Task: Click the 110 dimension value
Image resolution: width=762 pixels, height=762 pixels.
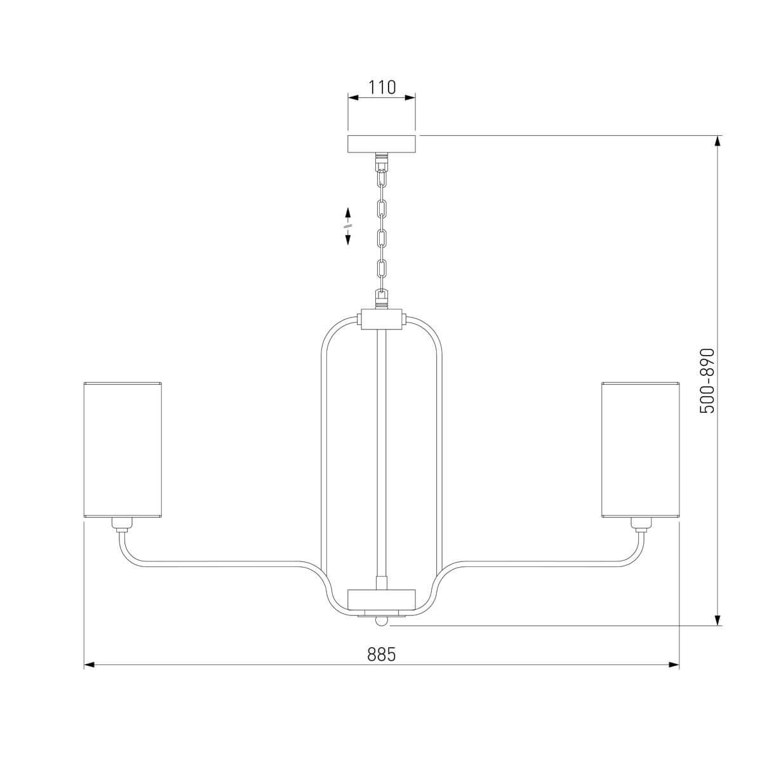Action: [382, 87]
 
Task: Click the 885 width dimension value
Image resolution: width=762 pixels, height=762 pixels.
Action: [381, 655]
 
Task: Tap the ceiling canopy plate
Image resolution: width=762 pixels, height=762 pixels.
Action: [382, 144]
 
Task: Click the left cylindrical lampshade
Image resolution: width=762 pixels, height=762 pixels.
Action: [123, 450]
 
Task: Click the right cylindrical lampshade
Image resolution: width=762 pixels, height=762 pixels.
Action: [640, 450]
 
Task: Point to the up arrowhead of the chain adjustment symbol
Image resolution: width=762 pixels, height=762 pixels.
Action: [348, 212]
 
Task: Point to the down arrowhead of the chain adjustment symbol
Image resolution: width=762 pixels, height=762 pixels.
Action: [348, 239]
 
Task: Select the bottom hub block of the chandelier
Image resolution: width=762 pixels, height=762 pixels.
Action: [381, 610]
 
